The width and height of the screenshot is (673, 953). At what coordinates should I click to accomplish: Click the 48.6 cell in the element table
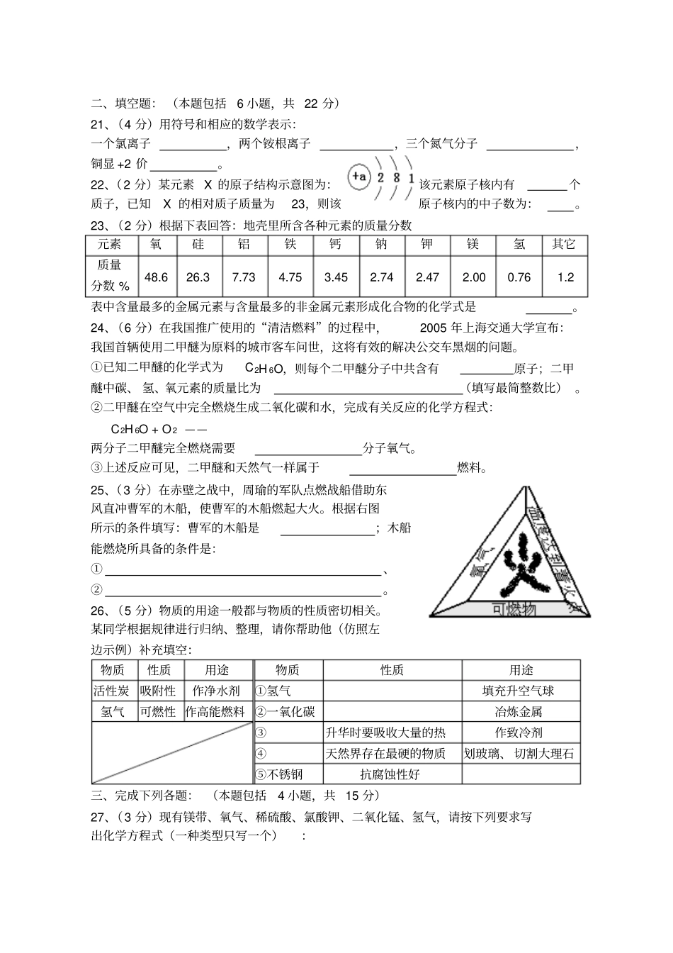pos(155,277)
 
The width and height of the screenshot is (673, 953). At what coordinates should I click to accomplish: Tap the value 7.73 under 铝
pos(244,277)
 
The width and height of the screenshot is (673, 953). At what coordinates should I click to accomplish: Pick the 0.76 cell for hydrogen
pos(519,277)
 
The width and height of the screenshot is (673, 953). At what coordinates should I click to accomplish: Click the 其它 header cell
pos(564,245)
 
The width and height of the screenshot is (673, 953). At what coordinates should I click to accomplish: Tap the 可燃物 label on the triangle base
pos(514,609)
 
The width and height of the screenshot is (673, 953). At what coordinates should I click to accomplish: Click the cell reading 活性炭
pos(112,691)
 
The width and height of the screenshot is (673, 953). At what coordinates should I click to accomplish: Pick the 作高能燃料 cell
pos(215,711)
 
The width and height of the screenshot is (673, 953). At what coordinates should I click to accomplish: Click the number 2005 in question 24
pos(434,328)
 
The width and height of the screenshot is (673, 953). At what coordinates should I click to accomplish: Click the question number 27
pos(98,817)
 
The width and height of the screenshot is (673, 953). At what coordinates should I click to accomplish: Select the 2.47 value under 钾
pos(427,277)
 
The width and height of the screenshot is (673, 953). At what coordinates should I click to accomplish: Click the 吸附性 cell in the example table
pos(157,691)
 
